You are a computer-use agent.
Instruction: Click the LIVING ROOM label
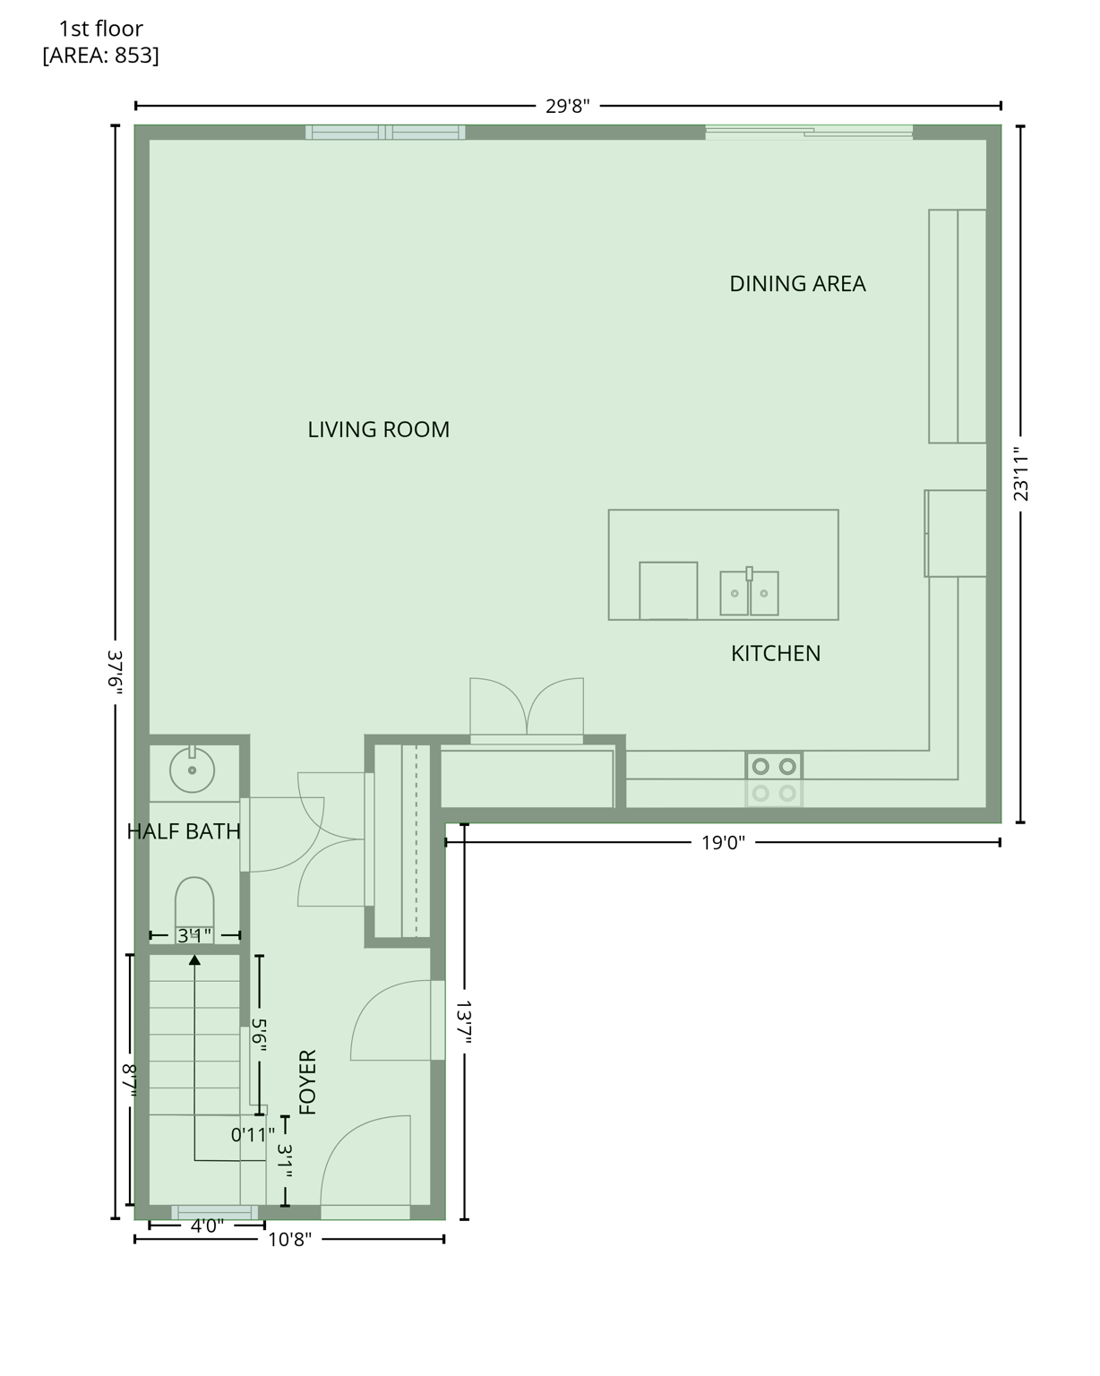[x=378, y=430]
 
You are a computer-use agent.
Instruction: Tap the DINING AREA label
[x=797, y=284]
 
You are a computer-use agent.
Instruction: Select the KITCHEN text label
[x=776, y=654]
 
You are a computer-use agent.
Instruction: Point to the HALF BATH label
[x=184, y=831]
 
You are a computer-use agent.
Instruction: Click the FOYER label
[x=307, y=1082]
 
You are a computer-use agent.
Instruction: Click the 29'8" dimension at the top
[x=568, y=107]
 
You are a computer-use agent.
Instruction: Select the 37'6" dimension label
[x=115, y=670]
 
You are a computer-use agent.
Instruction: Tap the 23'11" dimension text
[x=1020, y=474]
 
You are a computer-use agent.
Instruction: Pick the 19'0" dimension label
[x=723, y=843]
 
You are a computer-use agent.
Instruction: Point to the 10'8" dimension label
[x=289, y=1240]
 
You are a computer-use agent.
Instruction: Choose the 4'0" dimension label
[x=207, y=1225]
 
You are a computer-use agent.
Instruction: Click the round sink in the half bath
[x=192, y=770]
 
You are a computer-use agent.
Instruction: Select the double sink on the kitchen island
[x=749, y=593]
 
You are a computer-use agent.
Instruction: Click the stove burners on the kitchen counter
[x=774, y=767]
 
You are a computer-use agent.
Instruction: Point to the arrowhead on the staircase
[x=194, y=960]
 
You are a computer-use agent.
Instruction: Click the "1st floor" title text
[x=100, y=29]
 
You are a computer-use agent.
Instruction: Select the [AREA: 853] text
[x=100, y=56]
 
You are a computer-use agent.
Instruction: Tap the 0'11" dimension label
[x=253, y=1135]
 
